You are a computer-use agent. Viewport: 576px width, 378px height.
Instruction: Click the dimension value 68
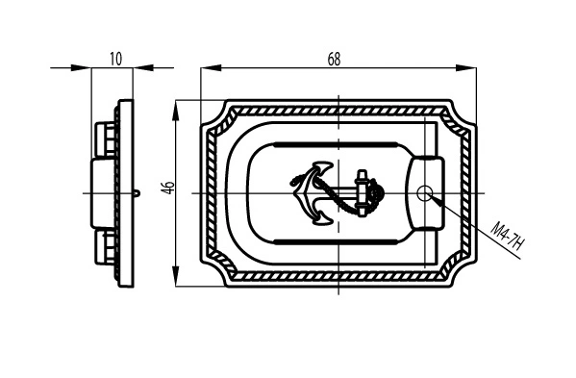click(334, 59)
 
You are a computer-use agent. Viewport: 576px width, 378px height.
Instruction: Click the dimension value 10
click(115, 59)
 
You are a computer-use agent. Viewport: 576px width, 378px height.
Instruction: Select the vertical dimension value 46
click(169, 188)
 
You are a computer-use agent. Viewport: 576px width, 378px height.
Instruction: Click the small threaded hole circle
click(424, 193)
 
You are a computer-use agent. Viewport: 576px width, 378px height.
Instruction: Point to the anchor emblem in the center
click(338, 193)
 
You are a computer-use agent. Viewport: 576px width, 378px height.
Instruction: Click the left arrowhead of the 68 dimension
click(211, 67)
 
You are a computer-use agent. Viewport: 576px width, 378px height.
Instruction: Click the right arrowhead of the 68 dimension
click(465, 67)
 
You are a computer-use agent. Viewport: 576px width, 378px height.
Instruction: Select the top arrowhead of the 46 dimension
click(176, 111)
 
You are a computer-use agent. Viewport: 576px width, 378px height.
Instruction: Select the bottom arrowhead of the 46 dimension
click(176, 276)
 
